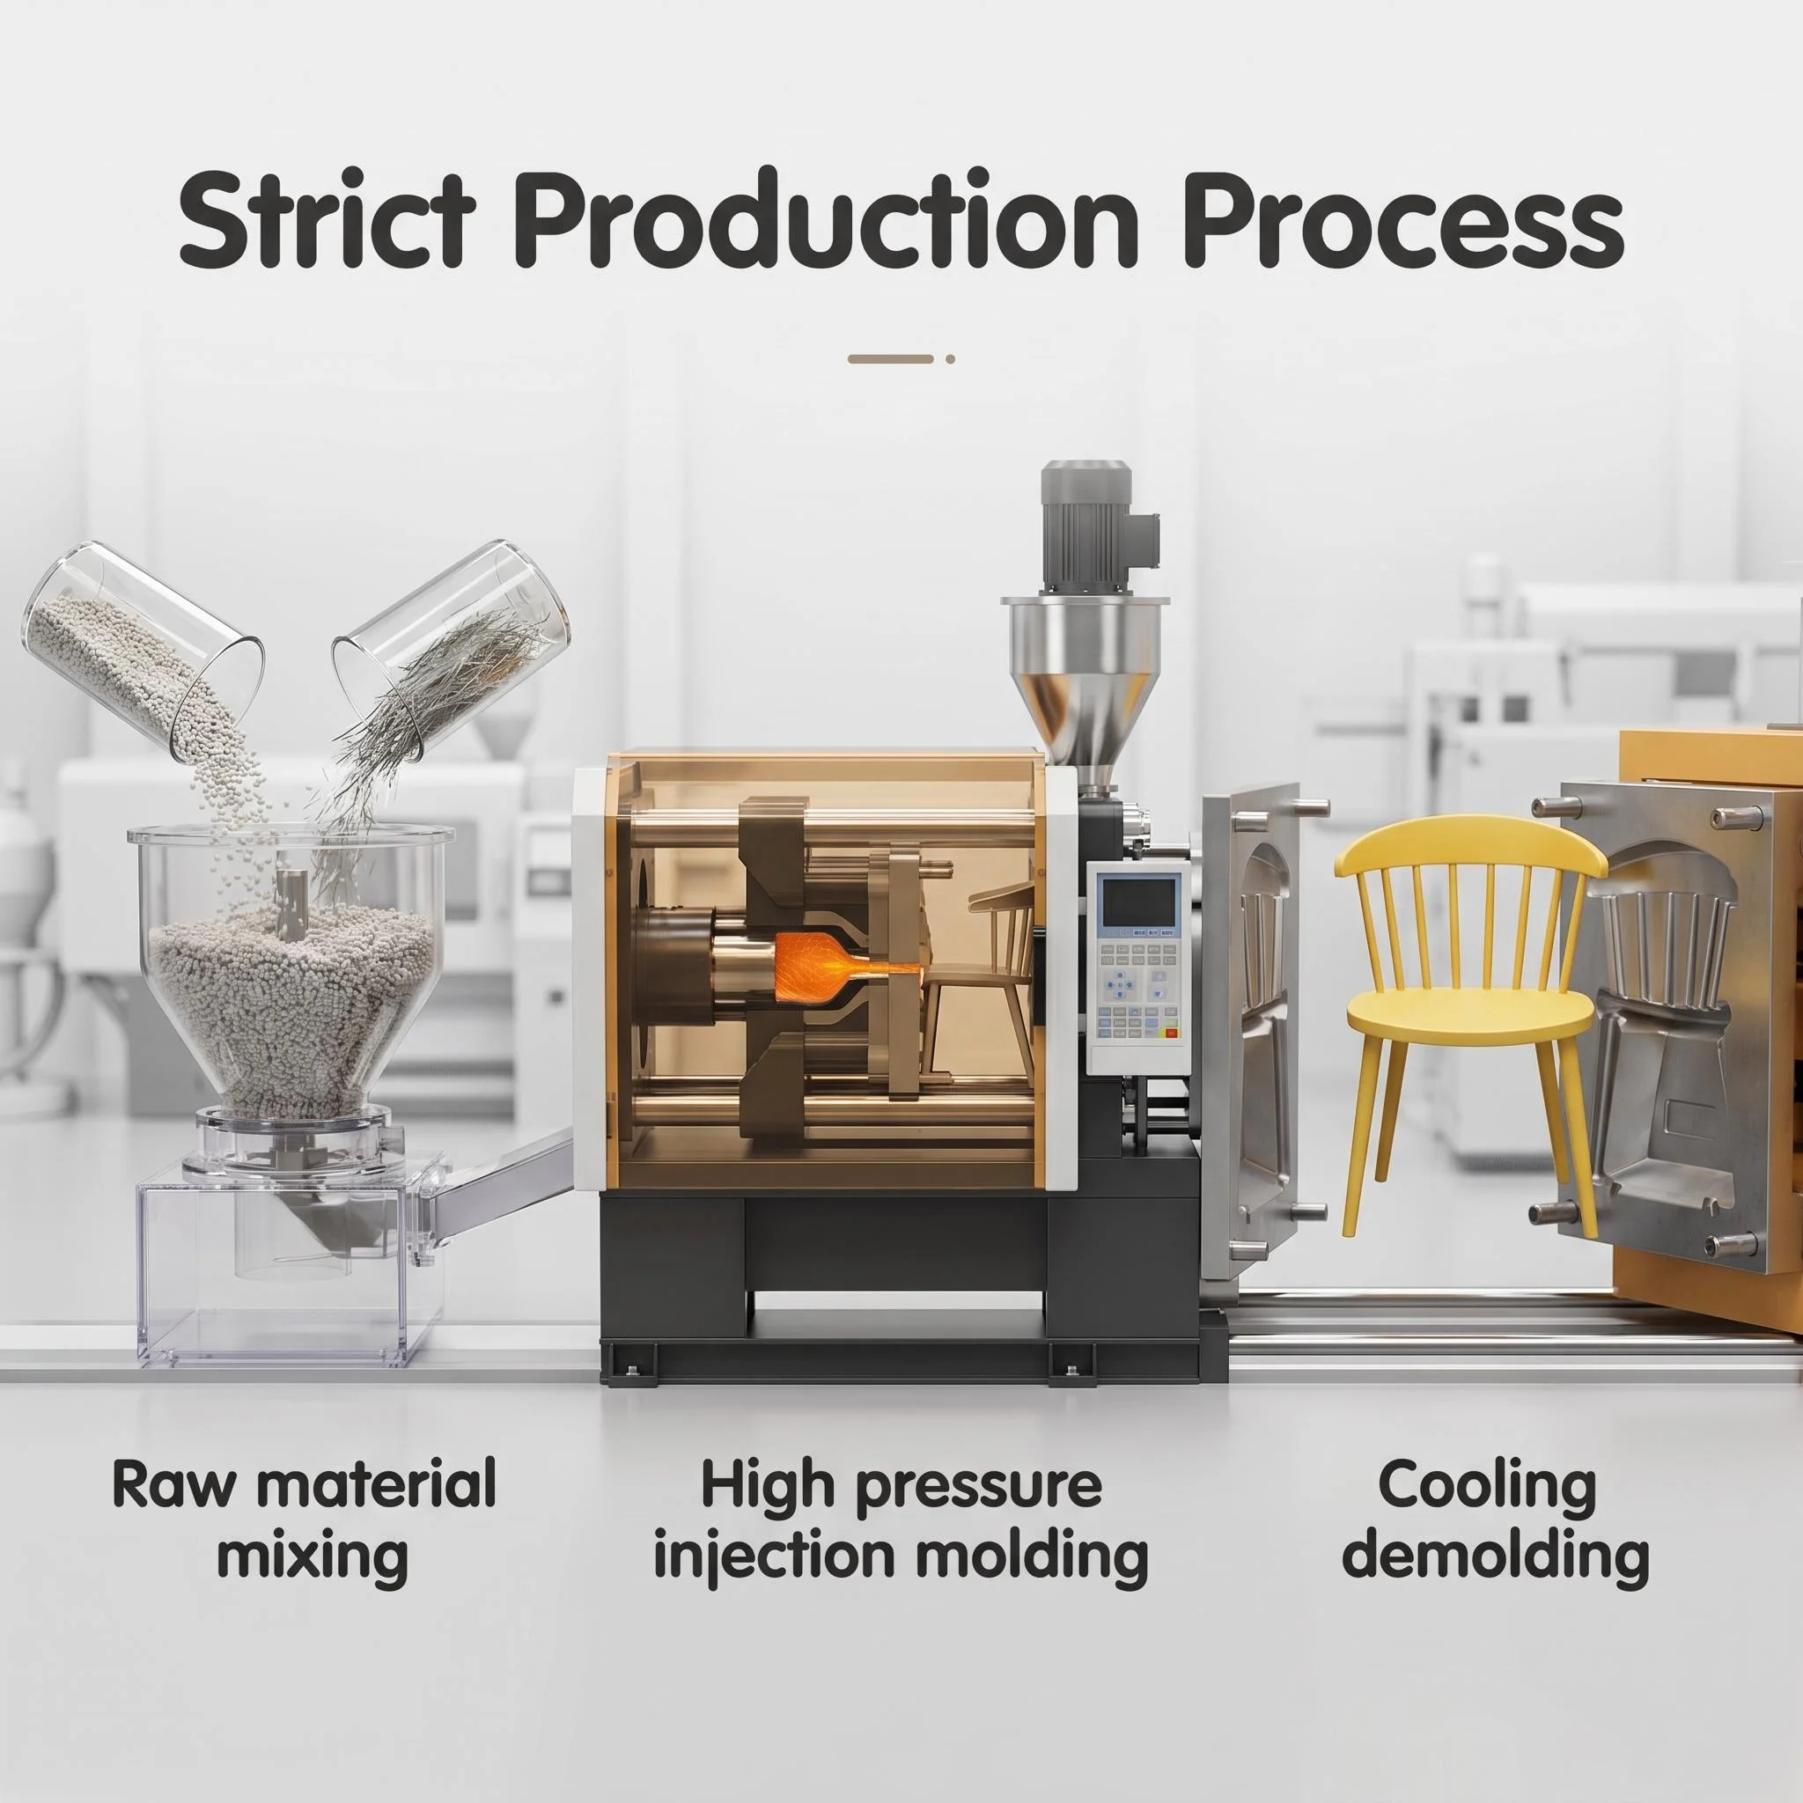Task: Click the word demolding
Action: [1496, 1556]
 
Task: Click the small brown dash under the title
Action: [890, 358]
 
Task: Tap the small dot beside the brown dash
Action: [950, 358]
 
